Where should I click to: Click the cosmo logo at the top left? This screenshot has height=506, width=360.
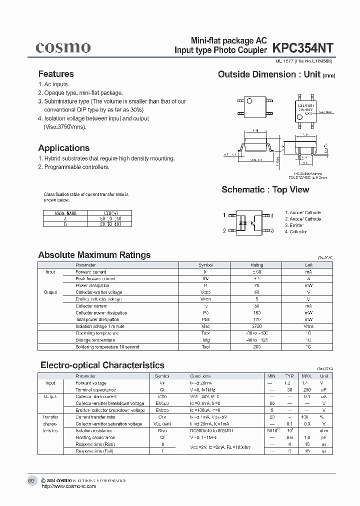click(62, 47)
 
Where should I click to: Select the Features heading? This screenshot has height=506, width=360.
click(56, 74)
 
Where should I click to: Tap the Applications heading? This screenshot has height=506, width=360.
click(64, 148)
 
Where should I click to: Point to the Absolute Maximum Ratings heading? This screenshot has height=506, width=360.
click(94, 255)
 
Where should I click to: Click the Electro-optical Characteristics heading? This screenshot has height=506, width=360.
click(101, 365)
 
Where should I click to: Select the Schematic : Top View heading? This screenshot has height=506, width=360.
click(265, 189)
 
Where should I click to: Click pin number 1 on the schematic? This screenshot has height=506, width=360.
click(224, 215)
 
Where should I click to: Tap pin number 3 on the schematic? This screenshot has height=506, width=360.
click(272, 231)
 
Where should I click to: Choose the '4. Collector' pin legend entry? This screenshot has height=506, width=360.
click(298, 232)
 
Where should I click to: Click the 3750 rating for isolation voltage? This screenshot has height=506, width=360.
click(256, 326)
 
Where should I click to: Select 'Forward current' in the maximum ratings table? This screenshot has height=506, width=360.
click(91, 272)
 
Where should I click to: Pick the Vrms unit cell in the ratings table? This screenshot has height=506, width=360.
click(308, 326)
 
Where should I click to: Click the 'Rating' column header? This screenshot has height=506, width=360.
click(256, 265)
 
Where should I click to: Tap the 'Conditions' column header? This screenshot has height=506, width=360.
click(200, 376)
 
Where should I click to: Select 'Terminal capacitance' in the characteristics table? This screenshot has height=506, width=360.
click(94, 389)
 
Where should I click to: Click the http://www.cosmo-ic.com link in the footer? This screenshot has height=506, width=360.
click(68, 486)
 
